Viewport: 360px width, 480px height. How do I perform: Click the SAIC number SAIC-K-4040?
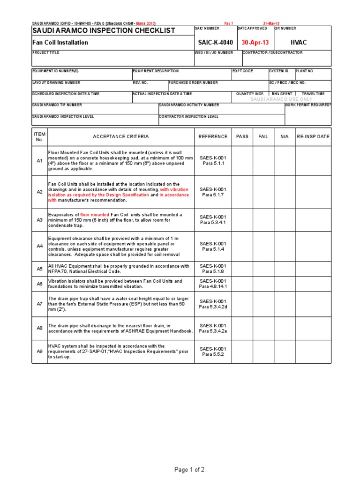(x=215, y=42)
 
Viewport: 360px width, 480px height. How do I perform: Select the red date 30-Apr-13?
(x=255, y=42)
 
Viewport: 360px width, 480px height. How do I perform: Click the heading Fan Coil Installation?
(x=60, y=43)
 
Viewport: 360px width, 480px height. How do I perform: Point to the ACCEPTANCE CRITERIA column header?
(x=120, y=136)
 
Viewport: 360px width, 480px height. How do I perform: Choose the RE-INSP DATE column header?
(x=313, y=136)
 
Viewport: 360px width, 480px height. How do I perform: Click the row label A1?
(x=39, y=161)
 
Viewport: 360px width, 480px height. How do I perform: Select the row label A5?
(x=39, y=269)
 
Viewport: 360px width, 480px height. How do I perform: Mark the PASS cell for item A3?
(x=242, y=220)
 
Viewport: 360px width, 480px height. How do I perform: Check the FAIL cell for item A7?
(x=263, y=304)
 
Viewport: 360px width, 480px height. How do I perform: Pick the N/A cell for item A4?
(x=284, y=246)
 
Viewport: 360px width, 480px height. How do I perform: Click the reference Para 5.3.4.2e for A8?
(x=213, y=331)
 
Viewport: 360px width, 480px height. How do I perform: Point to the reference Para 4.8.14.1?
(x=213, y=286)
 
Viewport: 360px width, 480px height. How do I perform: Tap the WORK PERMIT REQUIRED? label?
(x=308, y=105)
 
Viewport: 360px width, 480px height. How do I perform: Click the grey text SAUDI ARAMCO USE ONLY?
(x=281, y=99)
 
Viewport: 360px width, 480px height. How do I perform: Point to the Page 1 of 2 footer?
(x=189, y=470)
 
